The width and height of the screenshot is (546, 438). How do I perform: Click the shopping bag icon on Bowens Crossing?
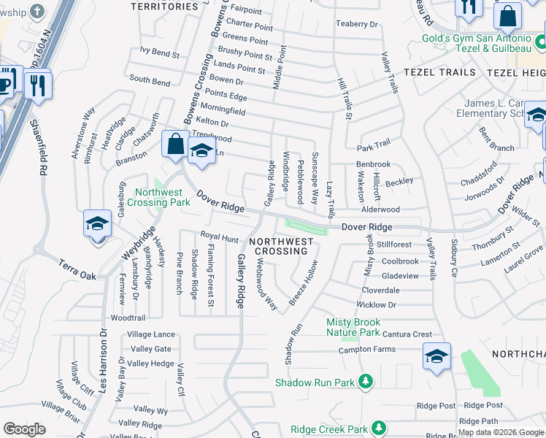point(176,144)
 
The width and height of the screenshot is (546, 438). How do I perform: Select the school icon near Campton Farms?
point(437,356)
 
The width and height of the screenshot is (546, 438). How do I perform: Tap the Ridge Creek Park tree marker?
point(378,429)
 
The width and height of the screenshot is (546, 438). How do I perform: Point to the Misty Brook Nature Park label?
point(353,327)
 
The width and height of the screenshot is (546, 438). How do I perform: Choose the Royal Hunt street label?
point(219,238)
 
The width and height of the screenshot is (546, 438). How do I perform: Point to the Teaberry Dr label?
point(358,24)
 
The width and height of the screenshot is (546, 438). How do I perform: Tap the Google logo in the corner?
point(25,429)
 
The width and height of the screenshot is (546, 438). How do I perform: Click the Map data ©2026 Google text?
point(501,432)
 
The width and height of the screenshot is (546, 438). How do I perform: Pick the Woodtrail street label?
point(128,318)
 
